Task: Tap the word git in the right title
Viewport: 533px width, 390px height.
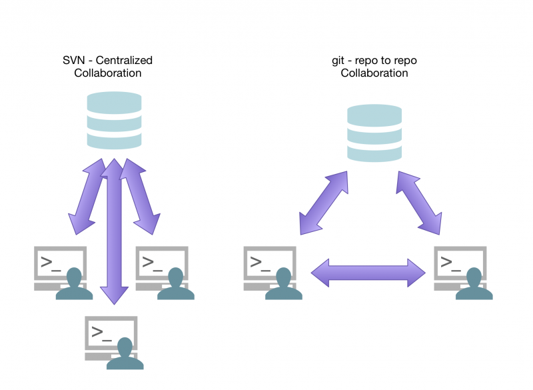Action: pos(339,61)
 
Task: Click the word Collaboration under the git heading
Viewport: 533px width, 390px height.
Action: pos(374,73)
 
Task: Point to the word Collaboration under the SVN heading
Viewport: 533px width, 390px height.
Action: pos(108,73)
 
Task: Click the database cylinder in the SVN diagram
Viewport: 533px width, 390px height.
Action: pos(115,120)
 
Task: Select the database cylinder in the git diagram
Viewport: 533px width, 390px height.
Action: pos(374,133)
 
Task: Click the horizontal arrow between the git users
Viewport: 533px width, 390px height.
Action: pos(368,273)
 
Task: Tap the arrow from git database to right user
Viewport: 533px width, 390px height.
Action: pos(419,201)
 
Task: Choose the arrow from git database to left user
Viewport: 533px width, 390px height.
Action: pos(324,201)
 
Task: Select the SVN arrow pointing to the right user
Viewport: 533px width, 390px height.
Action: pos(141,197)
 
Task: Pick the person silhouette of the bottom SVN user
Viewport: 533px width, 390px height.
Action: pos(125,356)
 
